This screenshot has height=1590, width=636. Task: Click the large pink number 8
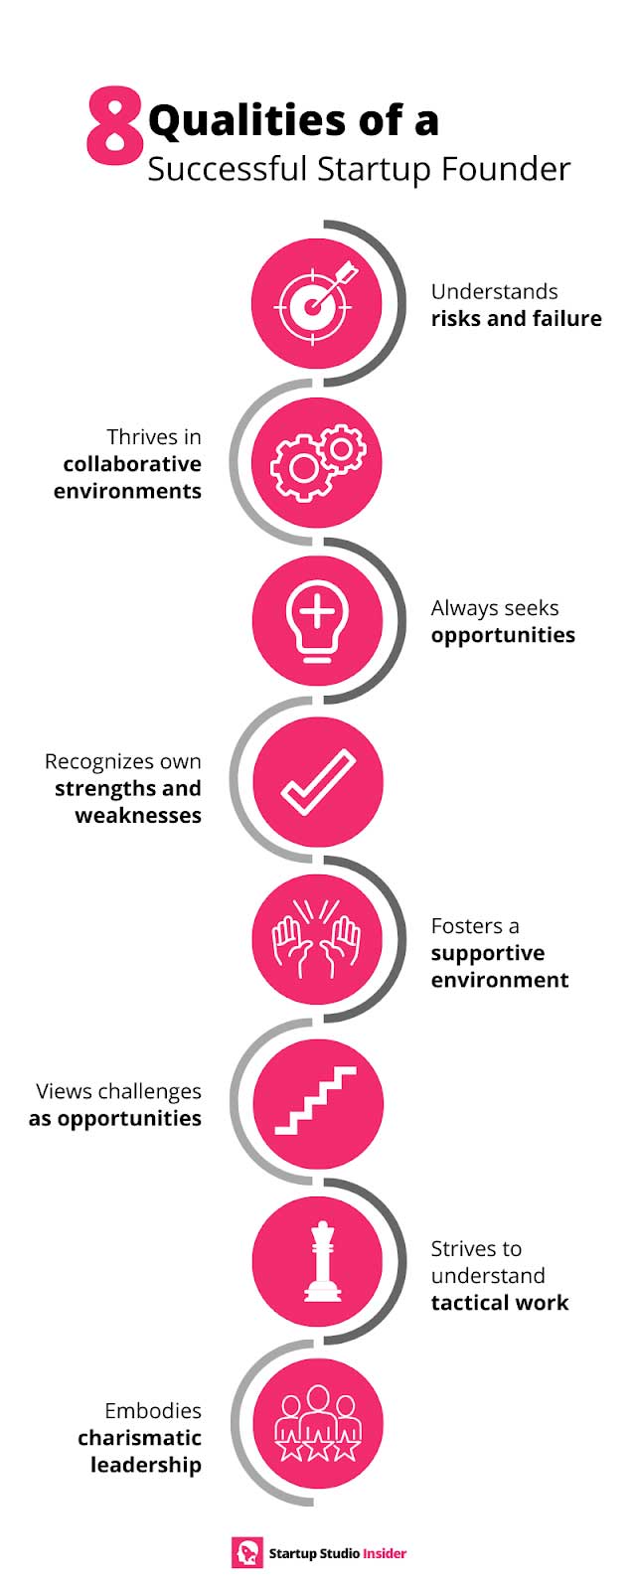[113, 126]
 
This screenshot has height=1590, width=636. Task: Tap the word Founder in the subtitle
[506, 170]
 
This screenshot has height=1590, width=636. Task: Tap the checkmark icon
[318, 782]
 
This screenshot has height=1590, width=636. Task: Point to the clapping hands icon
[317, 938]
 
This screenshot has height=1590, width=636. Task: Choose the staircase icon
[316, 1100]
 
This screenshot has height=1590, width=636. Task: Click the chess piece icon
[322, 1261]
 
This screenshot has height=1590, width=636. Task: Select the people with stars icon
[317, 1423]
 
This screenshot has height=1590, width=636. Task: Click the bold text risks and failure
[516, 319]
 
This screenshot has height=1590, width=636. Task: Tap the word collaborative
[132, 464]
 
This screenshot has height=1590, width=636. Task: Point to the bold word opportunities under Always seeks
[503, 636]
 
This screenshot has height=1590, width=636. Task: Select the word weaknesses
[138, 816]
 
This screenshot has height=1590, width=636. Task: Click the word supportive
[488, 954]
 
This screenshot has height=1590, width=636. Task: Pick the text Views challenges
[118, 1092]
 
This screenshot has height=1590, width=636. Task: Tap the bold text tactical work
[500, 1303]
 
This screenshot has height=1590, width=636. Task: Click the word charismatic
[140, 1438]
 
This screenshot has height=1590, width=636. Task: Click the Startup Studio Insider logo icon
[247, 1552]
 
